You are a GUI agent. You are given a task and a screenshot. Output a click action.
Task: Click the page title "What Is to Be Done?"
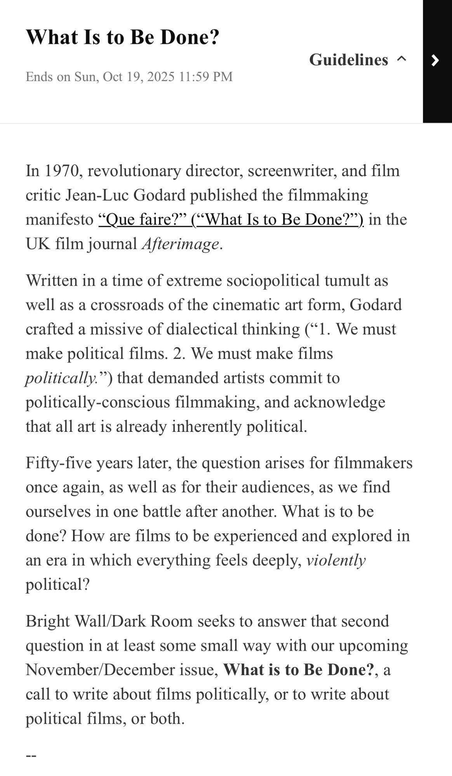coord(122,37)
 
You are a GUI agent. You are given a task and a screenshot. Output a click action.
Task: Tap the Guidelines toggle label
coord(348,60)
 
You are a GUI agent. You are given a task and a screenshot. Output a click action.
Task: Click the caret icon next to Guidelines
coord(402,59)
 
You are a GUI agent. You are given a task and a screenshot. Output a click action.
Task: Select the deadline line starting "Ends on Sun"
coord(129,76)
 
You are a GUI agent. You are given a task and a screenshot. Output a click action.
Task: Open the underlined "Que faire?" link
coord(231,220)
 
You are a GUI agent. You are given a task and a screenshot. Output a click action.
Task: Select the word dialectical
coord(202,329)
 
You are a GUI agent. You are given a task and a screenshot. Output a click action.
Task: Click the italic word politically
coord(61,378)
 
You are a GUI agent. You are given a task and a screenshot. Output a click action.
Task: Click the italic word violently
coord(336,560)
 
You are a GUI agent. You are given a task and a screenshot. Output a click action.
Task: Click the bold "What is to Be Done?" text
coord(298,670)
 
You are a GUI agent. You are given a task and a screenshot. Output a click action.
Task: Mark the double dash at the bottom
coord(31,755)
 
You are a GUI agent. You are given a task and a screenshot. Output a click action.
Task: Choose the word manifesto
coord(59,220)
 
